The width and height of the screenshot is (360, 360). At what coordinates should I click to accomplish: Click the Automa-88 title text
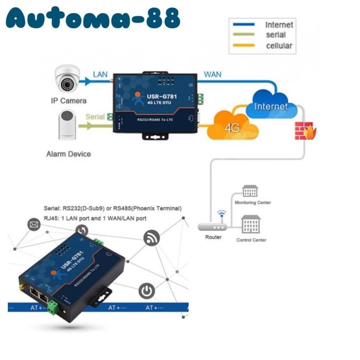93,19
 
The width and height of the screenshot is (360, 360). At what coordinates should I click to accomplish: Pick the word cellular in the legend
279,46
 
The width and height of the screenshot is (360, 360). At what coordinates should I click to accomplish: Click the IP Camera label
68,100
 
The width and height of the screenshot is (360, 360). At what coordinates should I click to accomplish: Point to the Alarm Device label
68,154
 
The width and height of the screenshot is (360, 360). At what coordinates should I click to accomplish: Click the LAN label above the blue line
100,75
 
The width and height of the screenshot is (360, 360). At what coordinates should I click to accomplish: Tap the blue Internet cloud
270,105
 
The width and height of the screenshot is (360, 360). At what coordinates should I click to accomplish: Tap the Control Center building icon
251,224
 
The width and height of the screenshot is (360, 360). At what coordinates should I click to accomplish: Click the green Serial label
95,117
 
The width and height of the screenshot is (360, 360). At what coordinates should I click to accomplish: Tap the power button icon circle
147,291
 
